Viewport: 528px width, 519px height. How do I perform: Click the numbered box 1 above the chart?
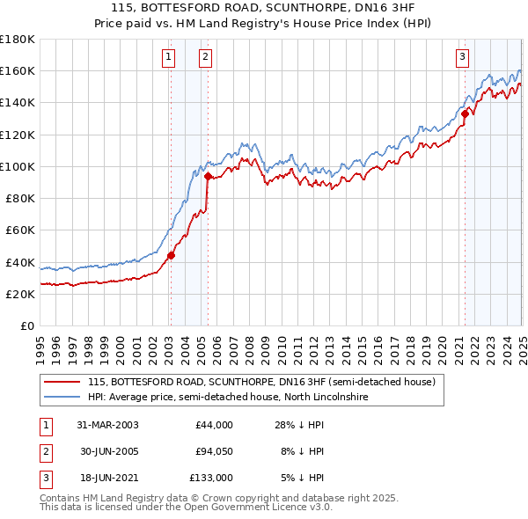pos(168,58)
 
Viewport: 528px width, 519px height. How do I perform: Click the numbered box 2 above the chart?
pos(204,58)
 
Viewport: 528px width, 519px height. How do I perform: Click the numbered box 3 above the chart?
pos(462,58)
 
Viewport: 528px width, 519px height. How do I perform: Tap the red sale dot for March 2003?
pos(171,256)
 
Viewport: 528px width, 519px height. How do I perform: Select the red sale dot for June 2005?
pos(208,176)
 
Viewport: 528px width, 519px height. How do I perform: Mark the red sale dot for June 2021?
pos(464,113)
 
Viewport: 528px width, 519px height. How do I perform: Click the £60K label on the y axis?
pos(20,230)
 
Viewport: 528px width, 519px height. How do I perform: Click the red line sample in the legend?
pos(62,382)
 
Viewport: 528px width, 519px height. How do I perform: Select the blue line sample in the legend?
pos(62,397)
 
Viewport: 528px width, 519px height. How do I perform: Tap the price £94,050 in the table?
pos(214,451)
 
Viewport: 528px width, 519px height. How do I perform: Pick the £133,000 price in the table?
pos(212,478)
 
